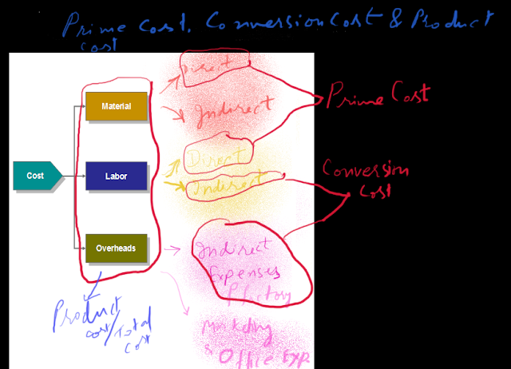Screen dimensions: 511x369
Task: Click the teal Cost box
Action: point(37,176)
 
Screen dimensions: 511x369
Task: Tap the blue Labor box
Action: point(116,176)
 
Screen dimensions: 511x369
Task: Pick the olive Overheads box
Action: point(116,248)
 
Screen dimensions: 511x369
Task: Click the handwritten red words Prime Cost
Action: point(375,96)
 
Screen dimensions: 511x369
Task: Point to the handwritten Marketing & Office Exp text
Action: point(248,339)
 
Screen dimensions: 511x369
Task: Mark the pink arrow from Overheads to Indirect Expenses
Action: point(171,252)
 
